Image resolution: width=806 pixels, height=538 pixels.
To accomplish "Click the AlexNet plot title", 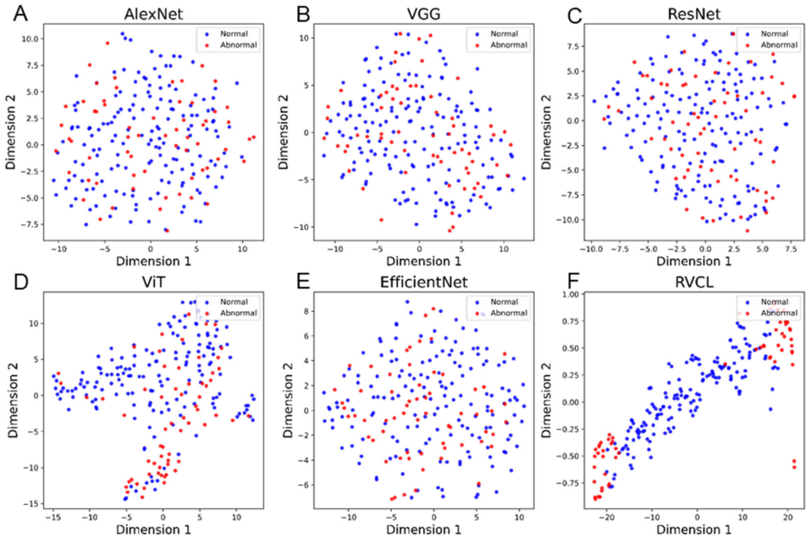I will (151, 16).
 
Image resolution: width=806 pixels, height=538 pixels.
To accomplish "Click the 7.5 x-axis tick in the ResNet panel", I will (792, 252).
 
